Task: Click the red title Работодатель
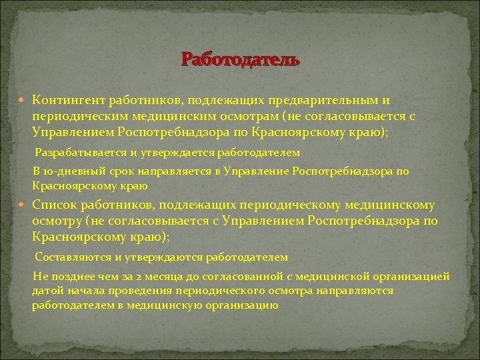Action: point(241,60)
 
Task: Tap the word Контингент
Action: point(68,101)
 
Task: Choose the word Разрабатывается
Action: point(78,153)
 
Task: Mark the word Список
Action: point(57,205)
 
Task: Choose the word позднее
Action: point(69,276)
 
